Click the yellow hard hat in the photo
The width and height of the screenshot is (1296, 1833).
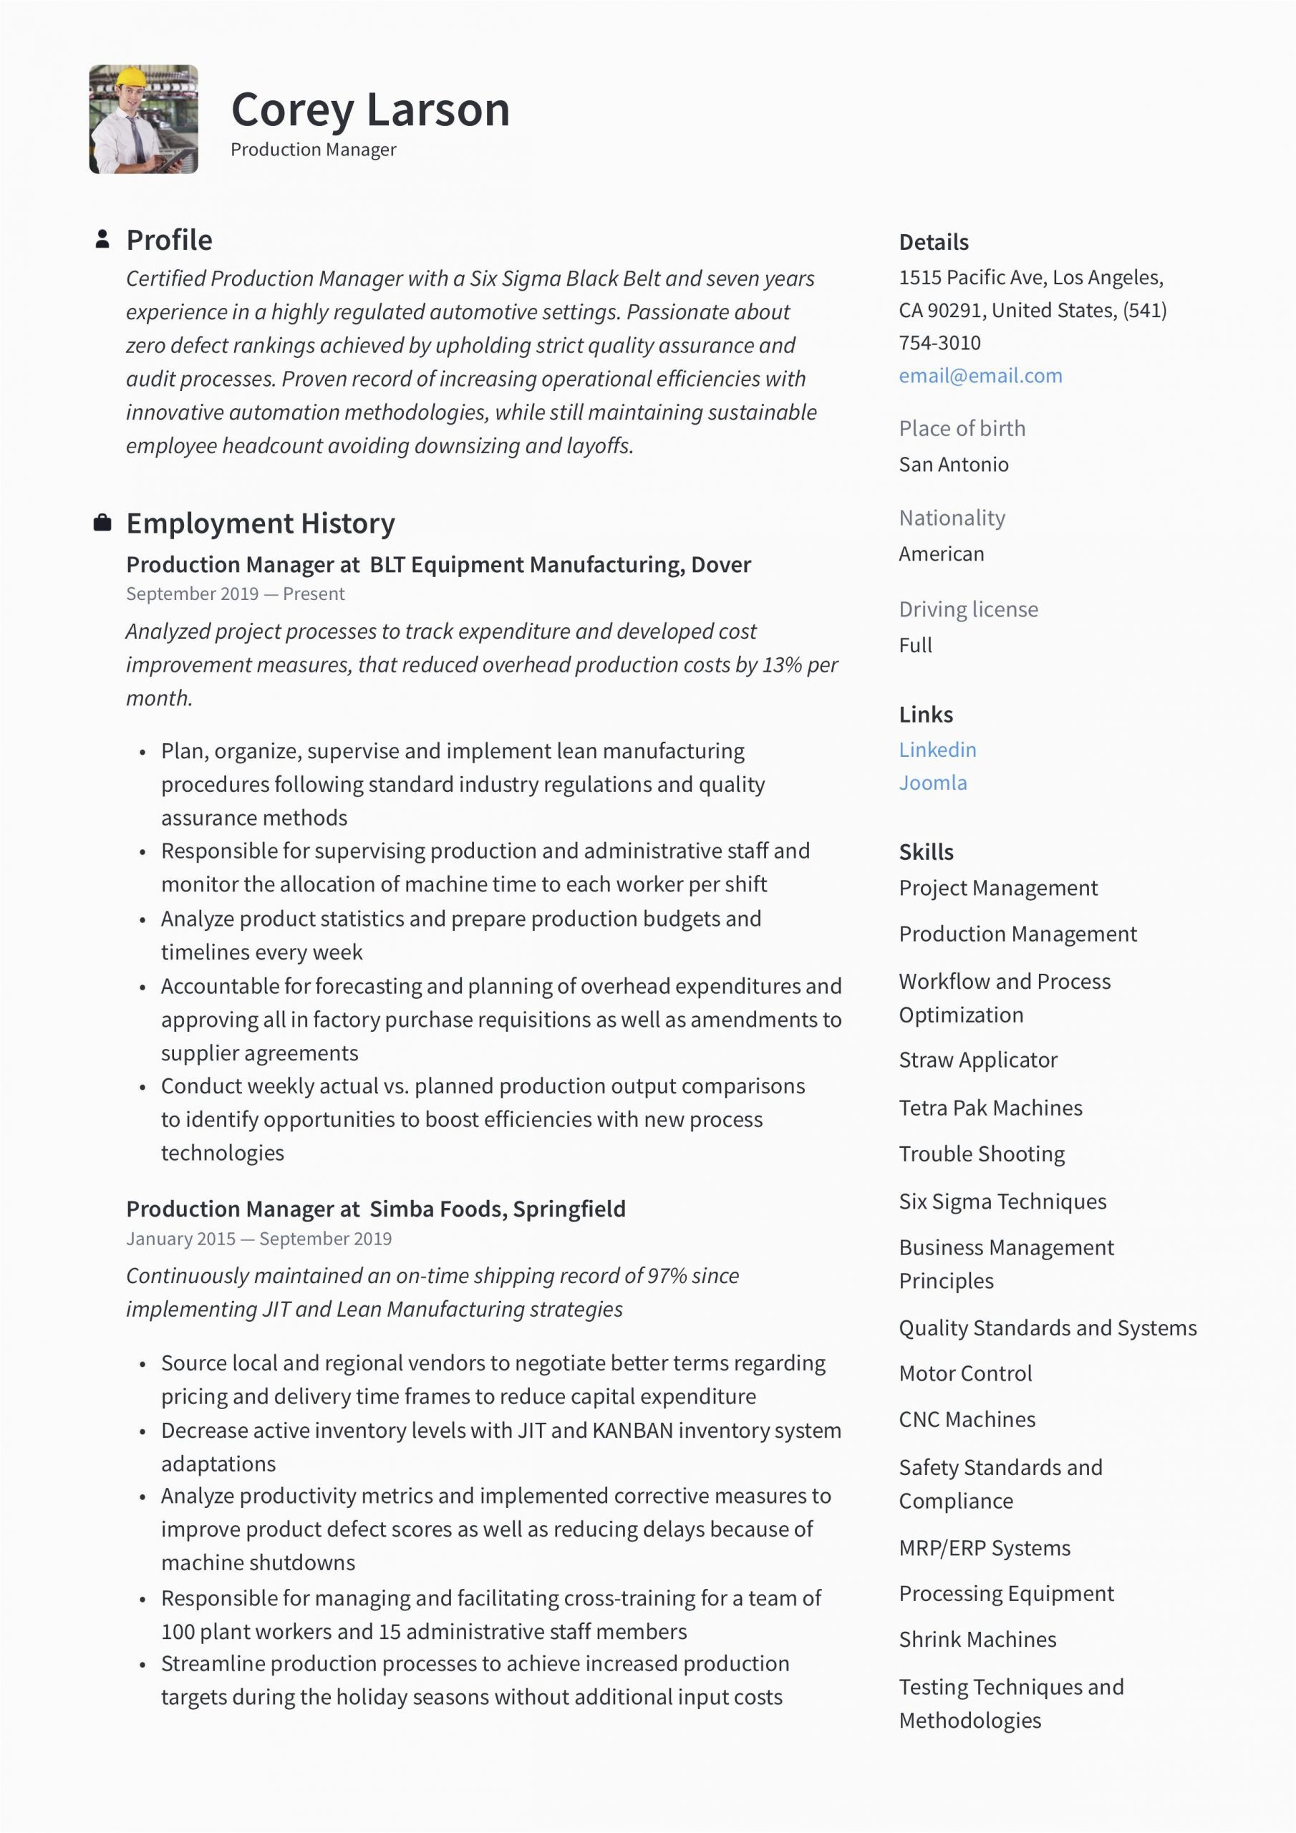click(130, 78)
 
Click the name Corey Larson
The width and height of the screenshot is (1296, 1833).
click(369, 110)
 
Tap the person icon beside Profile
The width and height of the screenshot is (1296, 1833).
click(102, 239)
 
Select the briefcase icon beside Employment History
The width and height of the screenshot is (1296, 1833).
click(102, 523)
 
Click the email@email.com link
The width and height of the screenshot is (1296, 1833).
click(980, 376)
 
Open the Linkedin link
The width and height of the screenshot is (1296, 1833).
click(937, 750)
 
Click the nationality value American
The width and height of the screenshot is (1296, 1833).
click(941, 554)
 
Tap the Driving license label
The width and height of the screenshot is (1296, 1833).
click(968, 609)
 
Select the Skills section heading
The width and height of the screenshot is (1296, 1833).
click(926, 852)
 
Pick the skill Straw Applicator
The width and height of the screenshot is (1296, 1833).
click(977, 1060)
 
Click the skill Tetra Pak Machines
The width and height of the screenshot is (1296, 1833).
click(990, 1108)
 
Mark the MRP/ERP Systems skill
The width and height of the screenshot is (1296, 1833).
click(984, 1548)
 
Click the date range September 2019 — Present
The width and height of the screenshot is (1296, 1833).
click(235, 594)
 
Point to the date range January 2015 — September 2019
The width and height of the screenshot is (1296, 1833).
click(258, 1239)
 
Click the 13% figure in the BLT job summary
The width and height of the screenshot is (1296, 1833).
click(782, 665)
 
